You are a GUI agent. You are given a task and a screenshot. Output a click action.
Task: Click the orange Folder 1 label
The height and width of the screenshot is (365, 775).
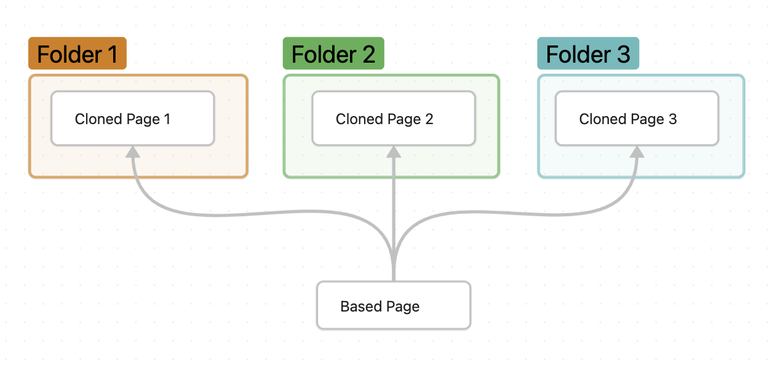(77, 54)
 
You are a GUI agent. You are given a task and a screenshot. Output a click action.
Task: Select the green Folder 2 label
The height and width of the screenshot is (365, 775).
(333, 54)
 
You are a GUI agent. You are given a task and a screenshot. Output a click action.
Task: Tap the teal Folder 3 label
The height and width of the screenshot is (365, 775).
(588, 54)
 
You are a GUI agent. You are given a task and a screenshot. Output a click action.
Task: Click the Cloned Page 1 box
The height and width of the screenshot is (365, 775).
(132, 119)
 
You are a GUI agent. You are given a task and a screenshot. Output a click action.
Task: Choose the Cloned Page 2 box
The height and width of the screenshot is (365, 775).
(394, 119)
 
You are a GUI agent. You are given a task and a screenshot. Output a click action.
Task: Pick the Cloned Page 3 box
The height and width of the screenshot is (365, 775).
(637, 119)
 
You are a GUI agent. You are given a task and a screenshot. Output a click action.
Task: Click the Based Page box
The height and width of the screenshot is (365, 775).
(394, 305)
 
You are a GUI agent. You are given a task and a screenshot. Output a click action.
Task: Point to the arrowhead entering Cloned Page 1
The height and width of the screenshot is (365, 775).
(133, 152)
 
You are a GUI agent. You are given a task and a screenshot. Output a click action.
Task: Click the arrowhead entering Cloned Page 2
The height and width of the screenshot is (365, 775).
(394, 152)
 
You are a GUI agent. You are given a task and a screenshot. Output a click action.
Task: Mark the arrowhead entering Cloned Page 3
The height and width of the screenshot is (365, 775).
(637, 152)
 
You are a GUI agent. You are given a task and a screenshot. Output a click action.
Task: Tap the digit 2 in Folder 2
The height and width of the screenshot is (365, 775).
(368, 54)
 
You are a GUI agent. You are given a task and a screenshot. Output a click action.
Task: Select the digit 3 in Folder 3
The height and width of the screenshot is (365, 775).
(623, 54)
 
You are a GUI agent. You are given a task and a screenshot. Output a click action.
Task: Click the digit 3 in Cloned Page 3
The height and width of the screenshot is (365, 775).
(672, 119)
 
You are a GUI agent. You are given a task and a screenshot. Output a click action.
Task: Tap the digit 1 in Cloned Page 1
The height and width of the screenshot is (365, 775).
(167, 119)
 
